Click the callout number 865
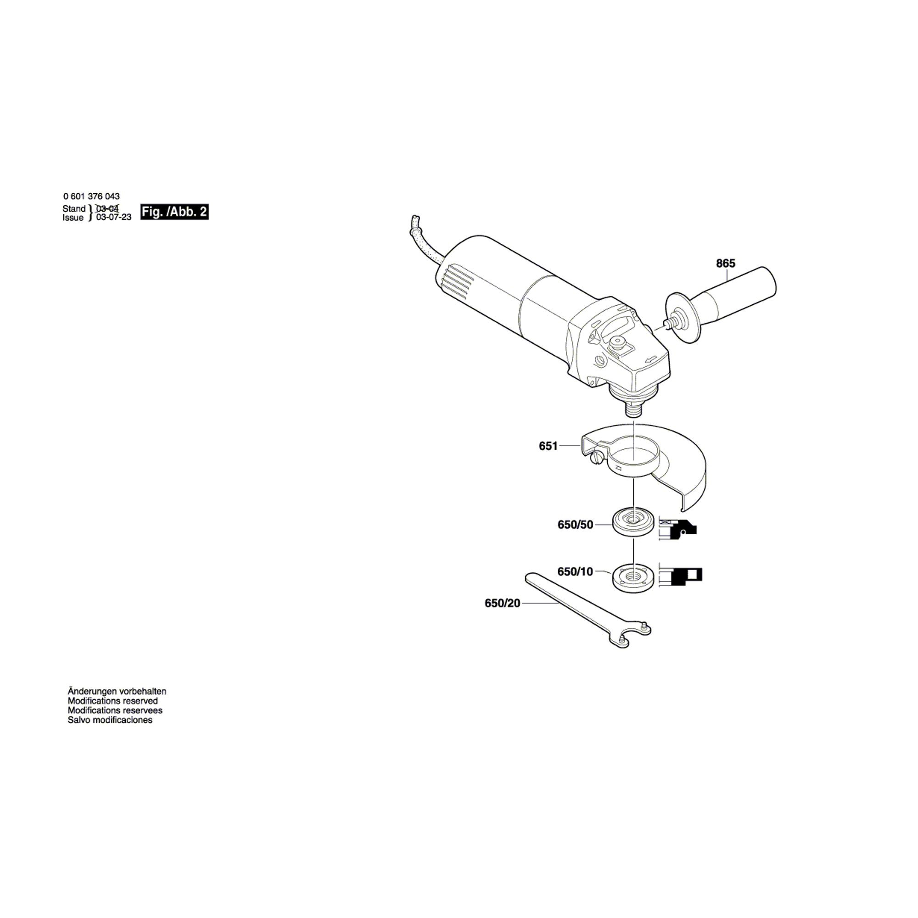[726, 263]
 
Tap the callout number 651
[548, 446]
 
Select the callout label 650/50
[575, 525]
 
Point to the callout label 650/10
[575, 571]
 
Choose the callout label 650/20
[502, 603]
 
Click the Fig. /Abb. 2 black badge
[174, 212]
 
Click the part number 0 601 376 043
[91, 196]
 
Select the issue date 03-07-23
[113, 218]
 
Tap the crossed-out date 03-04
[107, 208]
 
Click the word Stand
[73, 208]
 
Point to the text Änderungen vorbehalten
[117, 691]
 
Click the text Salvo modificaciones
[110, 720]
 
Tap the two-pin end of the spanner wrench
[634, 634]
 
